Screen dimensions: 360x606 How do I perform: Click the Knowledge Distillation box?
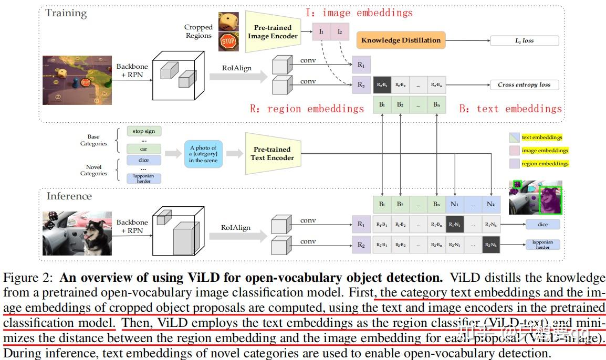coord(401,40)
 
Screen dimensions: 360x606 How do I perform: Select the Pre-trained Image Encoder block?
coord(271,32)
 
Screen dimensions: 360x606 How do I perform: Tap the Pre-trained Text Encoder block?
coord(272,154)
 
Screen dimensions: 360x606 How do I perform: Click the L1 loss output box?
coord(524,40)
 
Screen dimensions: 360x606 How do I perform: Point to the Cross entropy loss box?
coord(524,84)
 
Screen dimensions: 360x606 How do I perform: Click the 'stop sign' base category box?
coord(144,131)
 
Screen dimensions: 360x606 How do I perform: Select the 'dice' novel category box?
coord(144,160)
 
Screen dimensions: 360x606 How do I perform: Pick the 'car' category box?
coord(144,149)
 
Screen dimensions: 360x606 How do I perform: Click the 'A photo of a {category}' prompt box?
coord(203,154)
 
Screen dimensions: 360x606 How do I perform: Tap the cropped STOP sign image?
coord(228,41)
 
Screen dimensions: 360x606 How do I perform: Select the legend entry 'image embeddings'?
coord(545,150)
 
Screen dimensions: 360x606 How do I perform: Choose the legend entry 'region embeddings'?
coord(545,163)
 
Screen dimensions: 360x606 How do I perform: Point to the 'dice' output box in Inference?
coord(542,225)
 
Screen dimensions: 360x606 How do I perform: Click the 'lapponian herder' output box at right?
coord(542,244)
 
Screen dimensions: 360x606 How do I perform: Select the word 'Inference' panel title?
coord(69,196)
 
